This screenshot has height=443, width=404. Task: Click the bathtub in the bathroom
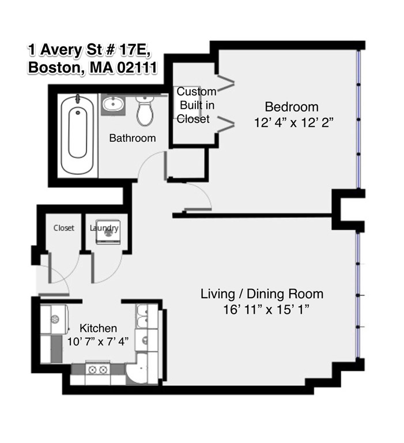77,135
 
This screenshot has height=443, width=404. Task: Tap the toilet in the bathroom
145,110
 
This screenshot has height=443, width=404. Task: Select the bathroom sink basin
113,104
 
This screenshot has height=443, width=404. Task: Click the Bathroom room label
133,138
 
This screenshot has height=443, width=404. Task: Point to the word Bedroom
292,107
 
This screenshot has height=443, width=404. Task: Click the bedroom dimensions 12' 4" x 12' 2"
294,123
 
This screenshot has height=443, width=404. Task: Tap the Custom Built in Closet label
197,105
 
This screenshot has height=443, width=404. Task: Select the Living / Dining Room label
262,294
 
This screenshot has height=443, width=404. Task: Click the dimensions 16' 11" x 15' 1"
266,309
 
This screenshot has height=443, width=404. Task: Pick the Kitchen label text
98,328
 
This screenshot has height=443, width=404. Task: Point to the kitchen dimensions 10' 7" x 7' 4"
98,341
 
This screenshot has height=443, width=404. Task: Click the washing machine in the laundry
108,232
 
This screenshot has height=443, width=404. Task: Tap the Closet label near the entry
64,228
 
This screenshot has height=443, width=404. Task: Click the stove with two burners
97,369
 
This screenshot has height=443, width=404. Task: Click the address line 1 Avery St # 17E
89,50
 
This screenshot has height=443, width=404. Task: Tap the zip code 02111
137,67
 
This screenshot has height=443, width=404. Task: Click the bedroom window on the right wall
358,119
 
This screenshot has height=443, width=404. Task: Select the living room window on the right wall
358,295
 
